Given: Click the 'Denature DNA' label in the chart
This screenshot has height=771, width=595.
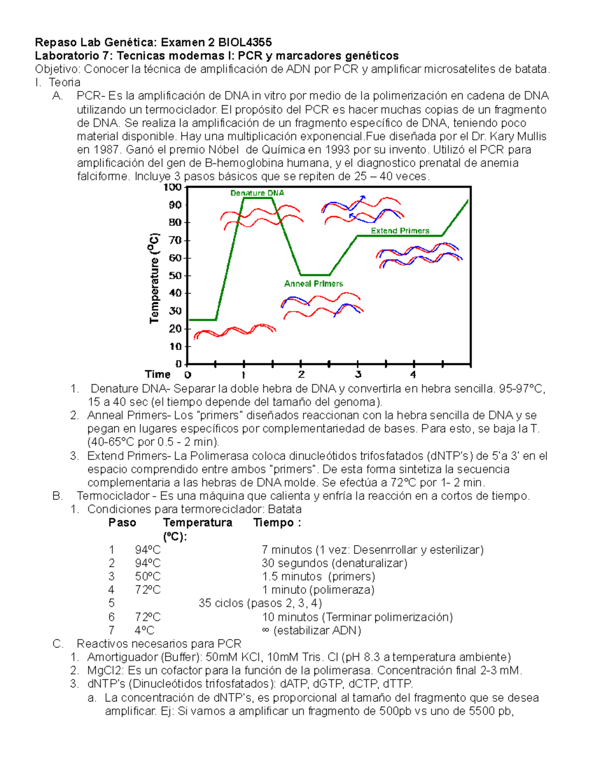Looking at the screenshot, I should [257, 193].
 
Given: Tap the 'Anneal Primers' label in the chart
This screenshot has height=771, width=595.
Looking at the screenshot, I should [313, 283].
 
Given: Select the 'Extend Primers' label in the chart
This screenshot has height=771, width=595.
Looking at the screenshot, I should [400, 231].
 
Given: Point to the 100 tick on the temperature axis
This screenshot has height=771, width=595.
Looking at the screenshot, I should [173, 187].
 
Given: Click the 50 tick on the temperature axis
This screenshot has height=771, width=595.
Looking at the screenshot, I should [175, 276].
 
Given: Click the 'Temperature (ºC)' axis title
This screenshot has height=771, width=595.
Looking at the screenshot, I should [155, 278].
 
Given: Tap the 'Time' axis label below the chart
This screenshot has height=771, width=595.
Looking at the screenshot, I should [157, 374].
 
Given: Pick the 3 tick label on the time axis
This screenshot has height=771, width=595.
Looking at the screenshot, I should [358, 374].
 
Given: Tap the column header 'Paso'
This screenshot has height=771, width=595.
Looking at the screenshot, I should [122, 523].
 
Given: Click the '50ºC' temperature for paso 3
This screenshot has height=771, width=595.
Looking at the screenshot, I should [147, 577].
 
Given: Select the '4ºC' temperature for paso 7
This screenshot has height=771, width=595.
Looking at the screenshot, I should [144, 631].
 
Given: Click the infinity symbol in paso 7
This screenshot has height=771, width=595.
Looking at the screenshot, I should [265, 631].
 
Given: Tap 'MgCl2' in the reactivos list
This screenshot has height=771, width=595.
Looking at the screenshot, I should [103, 671].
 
